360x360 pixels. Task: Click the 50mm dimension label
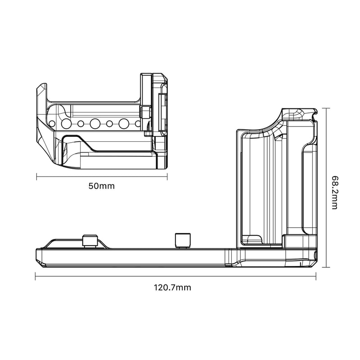pos(102,186)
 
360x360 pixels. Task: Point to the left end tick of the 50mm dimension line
pos(36,176)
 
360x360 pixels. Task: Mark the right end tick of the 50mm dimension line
pos(167,176)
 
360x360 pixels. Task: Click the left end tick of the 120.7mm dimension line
pos(35,276)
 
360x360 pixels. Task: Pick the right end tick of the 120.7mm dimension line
pos(316,276)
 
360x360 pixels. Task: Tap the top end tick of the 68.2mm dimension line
pos(327,108)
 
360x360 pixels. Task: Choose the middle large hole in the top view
pos(95,123)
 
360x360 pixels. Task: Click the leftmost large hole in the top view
pos(66,123)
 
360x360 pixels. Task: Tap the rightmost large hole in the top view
pos(124,123)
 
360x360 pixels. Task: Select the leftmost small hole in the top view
pos(53,123)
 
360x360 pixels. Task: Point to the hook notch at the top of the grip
pos(309,111)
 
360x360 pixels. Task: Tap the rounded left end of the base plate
pos(38,256)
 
